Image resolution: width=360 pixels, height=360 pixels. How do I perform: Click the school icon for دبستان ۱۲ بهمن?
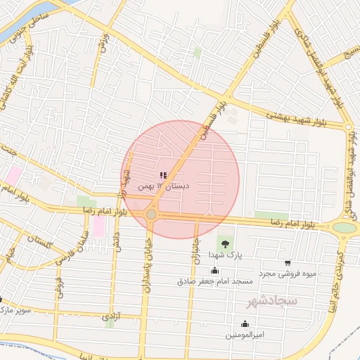(x=164, y=175)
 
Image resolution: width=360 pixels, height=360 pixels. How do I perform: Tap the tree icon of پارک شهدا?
(x=225, y=244)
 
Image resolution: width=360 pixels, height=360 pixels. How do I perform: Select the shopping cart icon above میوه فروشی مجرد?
(x=288, y=263)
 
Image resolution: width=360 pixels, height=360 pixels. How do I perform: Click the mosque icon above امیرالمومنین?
(x=245, y=323)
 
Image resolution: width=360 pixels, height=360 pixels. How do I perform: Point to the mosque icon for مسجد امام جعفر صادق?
(x=214, y=271)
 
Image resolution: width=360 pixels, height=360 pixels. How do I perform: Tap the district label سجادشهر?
(x=272, y=301)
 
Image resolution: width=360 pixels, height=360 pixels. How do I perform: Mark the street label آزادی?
(x=111, y=317)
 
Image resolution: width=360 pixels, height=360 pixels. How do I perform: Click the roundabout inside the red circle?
(x=151, y=213)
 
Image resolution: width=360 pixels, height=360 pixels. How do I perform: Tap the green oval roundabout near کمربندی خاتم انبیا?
(x=345, y=227)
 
